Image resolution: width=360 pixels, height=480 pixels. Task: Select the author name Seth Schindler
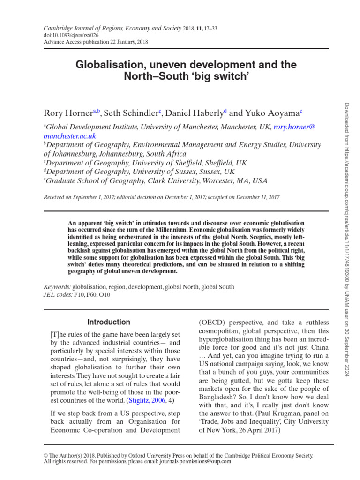click(130, 113)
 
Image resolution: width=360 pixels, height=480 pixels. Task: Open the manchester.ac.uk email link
click(70, 136)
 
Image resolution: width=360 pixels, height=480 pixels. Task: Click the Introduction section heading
click(109, 322)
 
